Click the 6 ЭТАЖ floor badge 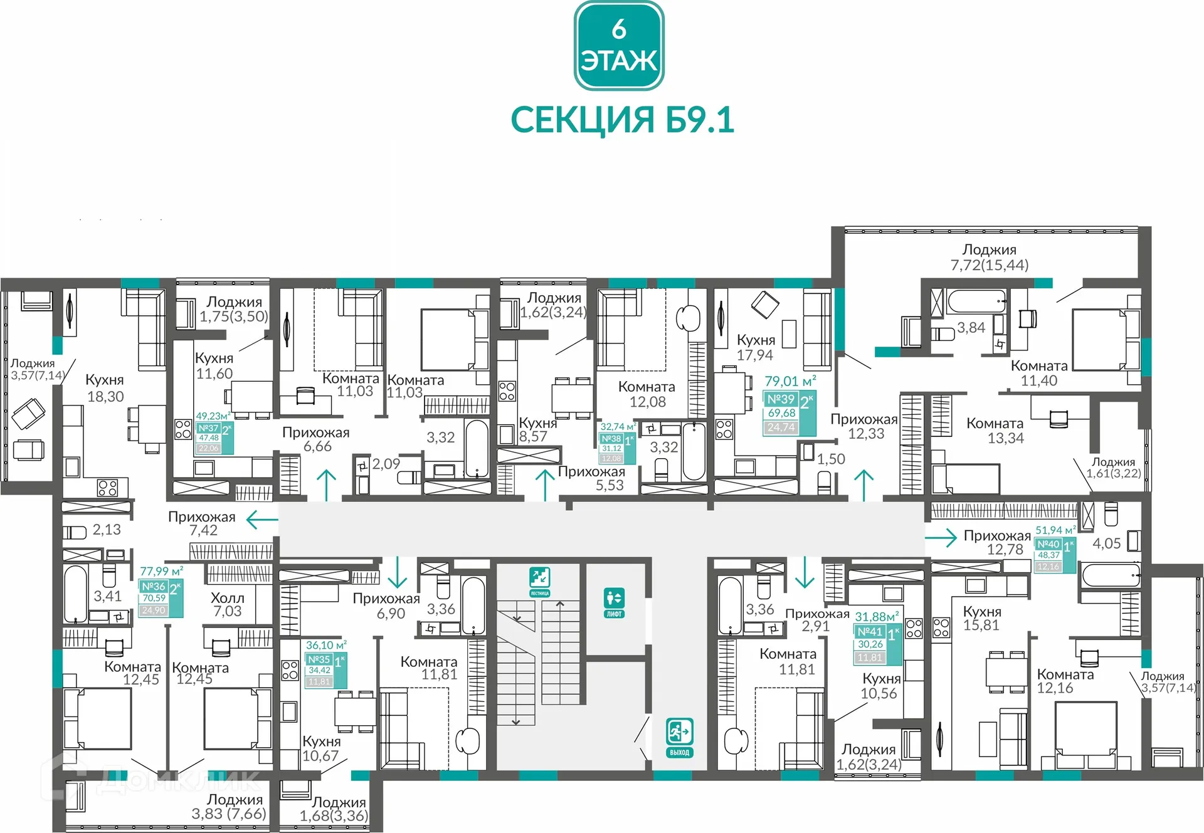(619, 46)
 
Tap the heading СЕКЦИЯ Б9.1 (622, 120)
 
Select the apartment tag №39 (789, 413)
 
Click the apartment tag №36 (161, 598)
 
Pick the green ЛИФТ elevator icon (614, 602)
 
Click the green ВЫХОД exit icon (679, 738)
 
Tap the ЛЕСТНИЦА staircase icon (539, 582)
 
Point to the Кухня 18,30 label (105, 388)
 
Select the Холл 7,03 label (227, 604)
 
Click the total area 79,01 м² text (790, 381)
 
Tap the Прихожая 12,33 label (865, 426)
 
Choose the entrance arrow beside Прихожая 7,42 (262, 520)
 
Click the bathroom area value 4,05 (1106, 543)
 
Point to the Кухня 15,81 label (982, 618)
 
